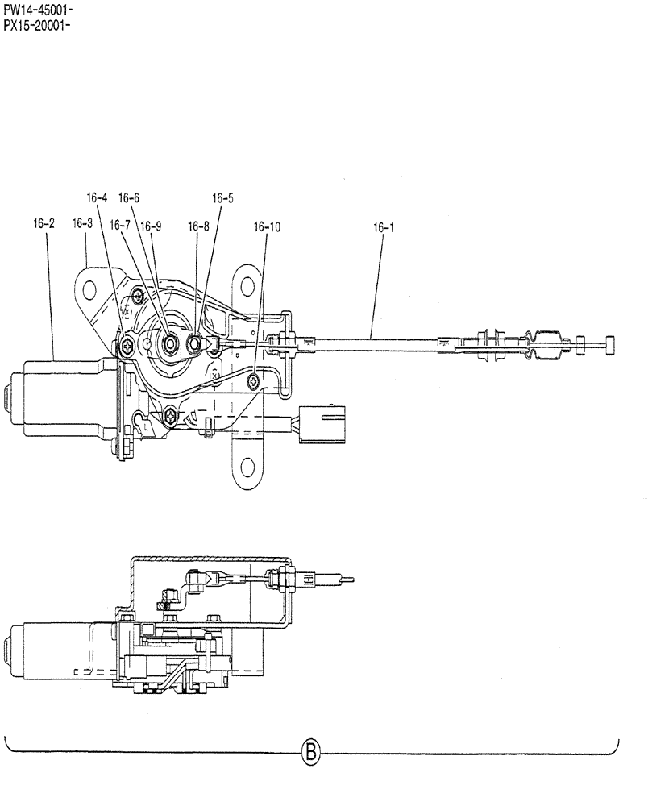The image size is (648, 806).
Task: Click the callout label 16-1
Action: pos(383,227)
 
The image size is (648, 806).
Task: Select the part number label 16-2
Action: pos(44,223)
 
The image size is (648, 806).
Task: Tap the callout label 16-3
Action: pos(82,223)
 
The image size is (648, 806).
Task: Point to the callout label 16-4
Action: pos(97,197)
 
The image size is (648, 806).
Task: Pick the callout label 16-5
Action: pos(223,197)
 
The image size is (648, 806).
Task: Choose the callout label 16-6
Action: pos(129,197)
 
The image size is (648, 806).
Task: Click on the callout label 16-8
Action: pos(198,227)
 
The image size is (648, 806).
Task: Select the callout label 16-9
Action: pos(151,226)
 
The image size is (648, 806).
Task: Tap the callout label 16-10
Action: pos(267,227)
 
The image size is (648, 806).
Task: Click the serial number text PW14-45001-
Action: pos(38,9)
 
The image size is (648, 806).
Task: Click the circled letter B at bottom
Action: pos(311,754)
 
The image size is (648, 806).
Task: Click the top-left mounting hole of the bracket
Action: pos(93,289)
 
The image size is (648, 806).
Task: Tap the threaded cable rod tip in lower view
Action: pos(344,576)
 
